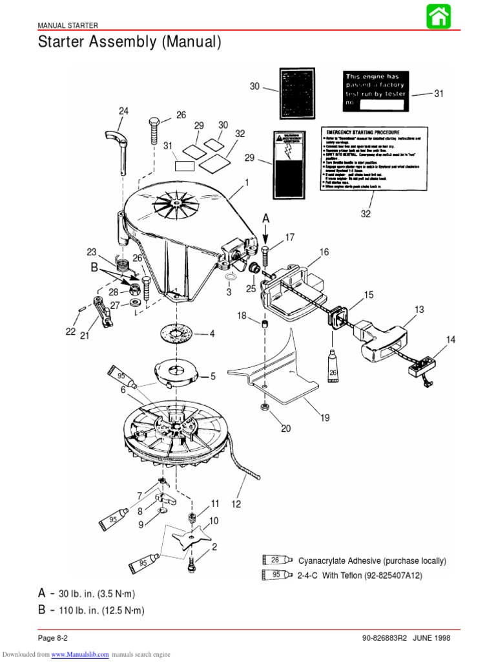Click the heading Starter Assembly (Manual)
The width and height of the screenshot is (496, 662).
tap(130, 43)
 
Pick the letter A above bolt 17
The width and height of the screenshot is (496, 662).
tap(265, 220)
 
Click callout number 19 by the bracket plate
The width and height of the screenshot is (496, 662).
tap(325, 418)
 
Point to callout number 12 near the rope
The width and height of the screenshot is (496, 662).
tap(236, 504)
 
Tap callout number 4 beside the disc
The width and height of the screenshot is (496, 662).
tap(212, 334)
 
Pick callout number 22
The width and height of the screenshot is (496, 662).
tap(70, 332)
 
